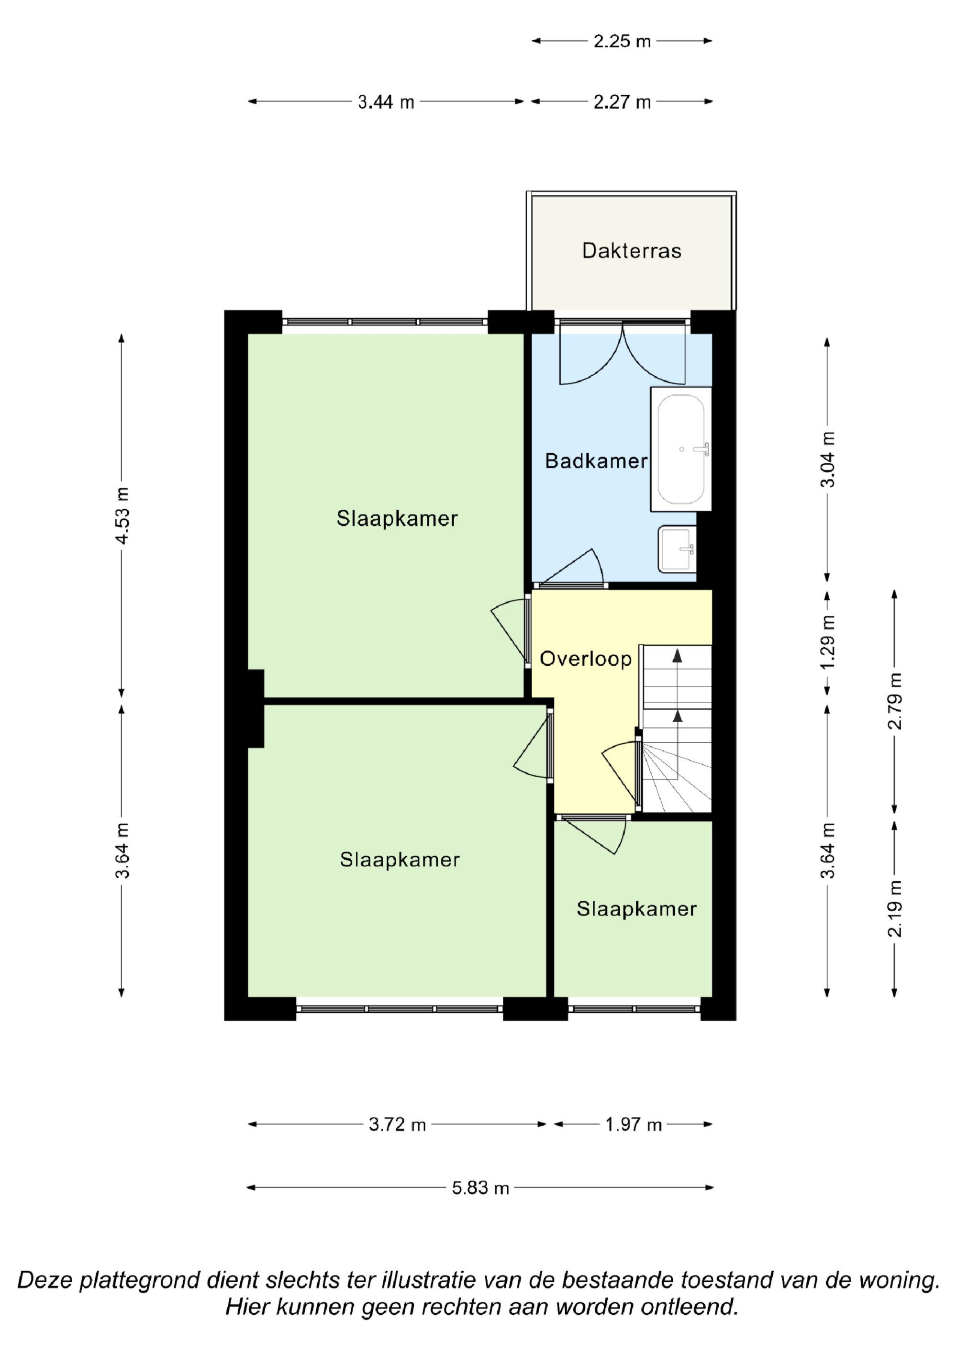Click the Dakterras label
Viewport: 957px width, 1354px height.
pyautogui.click(x=632, y=251)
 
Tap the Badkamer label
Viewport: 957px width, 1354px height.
pyautogui.click(x=596, y=460)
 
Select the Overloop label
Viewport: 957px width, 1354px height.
pyautogui.click(x=586, y=659)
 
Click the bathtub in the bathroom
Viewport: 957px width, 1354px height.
pyautogui.click(x=681, y=449)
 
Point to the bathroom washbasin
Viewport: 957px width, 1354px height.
pyautogui.click(x=678, y=549)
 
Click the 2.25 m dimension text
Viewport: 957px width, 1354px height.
pyautogui.click(x=622, y=41)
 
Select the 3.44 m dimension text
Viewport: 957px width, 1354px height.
pyautogui.click(x=386, y=102)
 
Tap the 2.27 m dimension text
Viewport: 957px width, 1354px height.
pyautogui.click(x=622, y=102)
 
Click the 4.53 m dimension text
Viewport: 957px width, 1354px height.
pyautogui.click(x=122, y=515)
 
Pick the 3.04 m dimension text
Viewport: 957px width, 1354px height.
pyautogui.click(x=828, y=459)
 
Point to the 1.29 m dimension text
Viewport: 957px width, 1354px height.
pyautogui.click(x=828, y=642)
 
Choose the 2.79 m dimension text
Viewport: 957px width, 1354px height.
pyautogui.click(x=895, y=701)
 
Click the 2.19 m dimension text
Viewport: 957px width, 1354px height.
pyautogui.click(x=895, y=909)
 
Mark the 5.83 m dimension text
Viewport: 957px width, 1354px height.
pyautogui.click(x=480, y=1188)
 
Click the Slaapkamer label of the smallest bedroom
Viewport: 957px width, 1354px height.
pyautogui.click(x=637, y=909)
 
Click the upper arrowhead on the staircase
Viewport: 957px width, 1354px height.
pyautogui.click(x=678, y=655)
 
